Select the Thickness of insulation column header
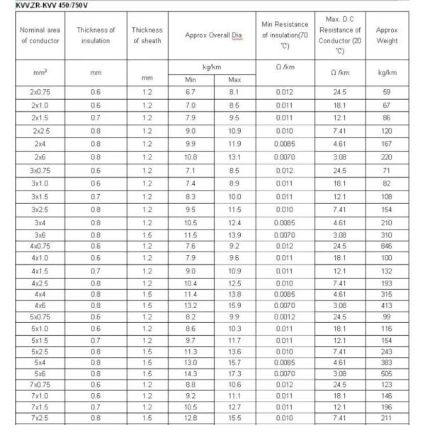point(96,35)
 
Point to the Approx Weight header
point(387,35)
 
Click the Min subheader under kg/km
point(190,79)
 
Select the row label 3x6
point(40,234)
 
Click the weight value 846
point(387,246)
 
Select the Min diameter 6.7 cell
point(190,92)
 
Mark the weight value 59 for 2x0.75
point(387,92)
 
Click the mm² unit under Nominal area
point(40,72)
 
